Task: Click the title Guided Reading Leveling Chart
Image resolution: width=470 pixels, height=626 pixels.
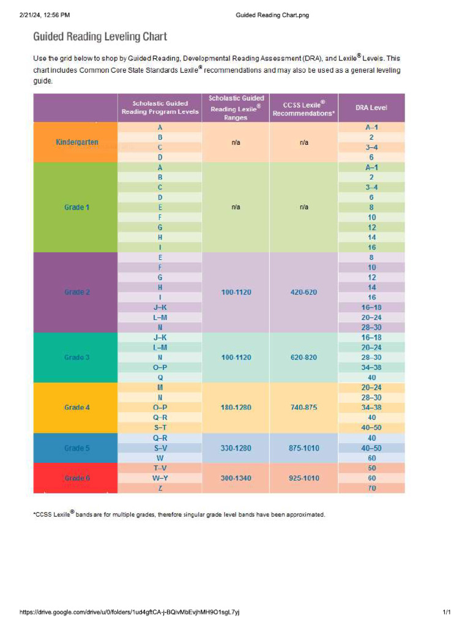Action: click(x=100, y=37)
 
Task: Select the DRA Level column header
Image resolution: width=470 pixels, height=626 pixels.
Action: click(x=371, y=108)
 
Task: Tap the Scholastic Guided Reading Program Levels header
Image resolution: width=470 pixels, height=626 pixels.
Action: click(x=160, y=108)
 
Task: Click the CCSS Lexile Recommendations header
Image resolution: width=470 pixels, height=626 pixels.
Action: click(x=304, y=108)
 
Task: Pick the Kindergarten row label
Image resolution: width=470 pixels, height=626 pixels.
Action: click(x=77, y=142)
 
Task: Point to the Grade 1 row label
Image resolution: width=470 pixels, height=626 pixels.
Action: click(x=77, y=207)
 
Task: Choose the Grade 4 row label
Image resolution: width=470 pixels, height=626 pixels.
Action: click(x=77, y=407)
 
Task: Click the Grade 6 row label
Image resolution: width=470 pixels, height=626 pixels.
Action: click(x=77, y=478)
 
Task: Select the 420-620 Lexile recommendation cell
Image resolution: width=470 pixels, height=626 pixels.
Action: click(x=304, y=292)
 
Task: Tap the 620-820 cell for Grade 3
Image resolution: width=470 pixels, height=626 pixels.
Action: click(x=304, y=357)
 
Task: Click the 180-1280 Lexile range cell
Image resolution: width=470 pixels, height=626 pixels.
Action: click(x=236, y=407)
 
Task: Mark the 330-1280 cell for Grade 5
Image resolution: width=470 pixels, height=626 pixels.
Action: click(x=236, y=448)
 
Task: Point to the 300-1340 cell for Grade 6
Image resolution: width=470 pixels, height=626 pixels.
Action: click(x=236, y=478)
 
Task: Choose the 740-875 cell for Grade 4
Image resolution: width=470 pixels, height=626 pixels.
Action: click(x=304, y=407)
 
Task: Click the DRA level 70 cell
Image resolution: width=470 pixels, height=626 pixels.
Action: click(x=371, y=488)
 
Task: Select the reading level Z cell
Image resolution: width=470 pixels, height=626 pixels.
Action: click(x=160, y=488)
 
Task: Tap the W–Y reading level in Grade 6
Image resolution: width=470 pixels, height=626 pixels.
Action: click(x=160, y=478)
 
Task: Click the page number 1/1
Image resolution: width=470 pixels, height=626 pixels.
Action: click(x=447, y=612)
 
